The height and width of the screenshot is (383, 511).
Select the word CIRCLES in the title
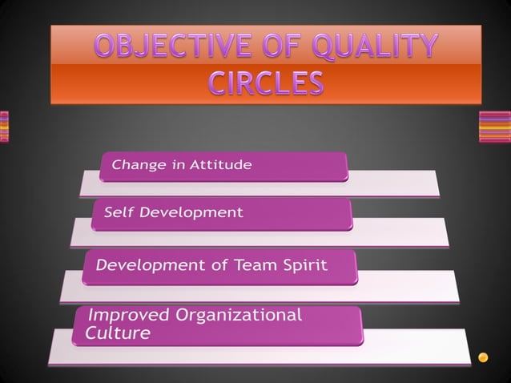click(267, 83)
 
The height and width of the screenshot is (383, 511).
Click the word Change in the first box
click(134, 166)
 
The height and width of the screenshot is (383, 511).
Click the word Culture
click(113, 333)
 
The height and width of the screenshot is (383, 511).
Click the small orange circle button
click(483, 357)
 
